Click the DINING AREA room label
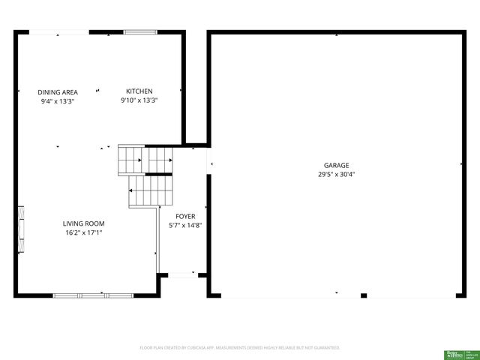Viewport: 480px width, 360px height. pyautogui.click(x=58, y=92)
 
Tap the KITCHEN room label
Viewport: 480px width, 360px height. pyautogui.click(x=139, y=91)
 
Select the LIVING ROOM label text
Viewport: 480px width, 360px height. pyautogui.click(x=83, y=223)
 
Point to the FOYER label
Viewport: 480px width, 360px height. pyautogui.click(x=185, y=216)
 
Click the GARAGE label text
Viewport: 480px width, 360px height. pyautogui.click(x=336, y=166)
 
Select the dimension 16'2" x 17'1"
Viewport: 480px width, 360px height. pyautogui.click(x=83, y=232)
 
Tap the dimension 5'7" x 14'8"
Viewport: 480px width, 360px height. pyautogui.click(x=185, y=225)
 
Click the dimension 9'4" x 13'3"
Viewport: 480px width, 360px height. pyautogui.click(x=58, y=100)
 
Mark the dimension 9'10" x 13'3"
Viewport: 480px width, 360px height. pyautogui.click(x=139, y=100)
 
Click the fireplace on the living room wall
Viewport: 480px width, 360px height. pyautogui.click(x=21, y=229)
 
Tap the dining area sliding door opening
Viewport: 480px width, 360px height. pyautogui.click(x=60, y=31)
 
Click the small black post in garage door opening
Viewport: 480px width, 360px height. pyautogui.click(x=364, y=295)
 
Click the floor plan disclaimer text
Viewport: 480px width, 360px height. pyautogui.click(x=240, y=348)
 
